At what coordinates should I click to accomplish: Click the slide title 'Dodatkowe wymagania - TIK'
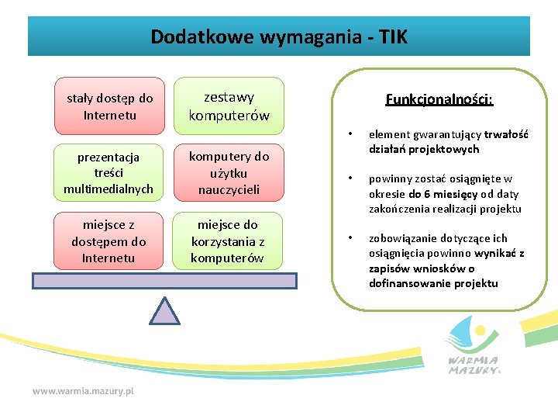point(278,36)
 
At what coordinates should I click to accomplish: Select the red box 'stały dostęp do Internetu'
point(109,106)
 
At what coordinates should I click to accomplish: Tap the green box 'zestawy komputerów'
point(229,106)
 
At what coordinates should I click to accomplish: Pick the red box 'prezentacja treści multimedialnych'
point(109,173)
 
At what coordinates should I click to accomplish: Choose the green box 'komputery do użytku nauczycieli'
point(229,173)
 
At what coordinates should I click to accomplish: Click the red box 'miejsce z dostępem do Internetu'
point(109,241)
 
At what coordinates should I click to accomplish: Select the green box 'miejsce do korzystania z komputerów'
point(229,241)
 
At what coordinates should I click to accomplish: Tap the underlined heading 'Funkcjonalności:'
point(439,99)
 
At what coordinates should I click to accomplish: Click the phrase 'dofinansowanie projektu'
point(433,283)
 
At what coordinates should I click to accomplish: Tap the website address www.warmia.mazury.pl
point(83,391)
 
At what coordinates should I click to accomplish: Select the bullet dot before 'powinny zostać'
point(350,179)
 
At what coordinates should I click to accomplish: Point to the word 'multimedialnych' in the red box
point(109,189)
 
